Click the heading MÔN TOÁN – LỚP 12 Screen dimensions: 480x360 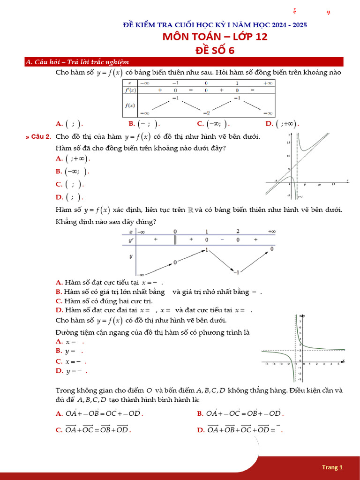[x=215, y=37]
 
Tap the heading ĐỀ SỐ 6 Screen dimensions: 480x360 [x=215, y=50]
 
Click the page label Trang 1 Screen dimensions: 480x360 [x=332, y=467]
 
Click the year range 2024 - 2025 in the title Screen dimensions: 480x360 [x=285, y=25]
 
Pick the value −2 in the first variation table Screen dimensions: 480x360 [x=206, y=113]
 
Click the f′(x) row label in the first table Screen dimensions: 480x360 [x=130, y=90]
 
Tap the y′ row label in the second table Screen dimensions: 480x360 [x=131, y=240]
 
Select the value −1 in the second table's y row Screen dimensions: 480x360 [x=237, y=272]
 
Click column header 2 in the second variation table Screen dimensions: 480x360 [x=238, y=232]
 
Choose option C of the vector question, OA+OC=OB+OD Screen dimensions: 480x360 [x=98, y=429]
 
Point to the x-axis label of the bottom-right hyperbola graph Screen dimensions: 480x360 [x=344, y=360]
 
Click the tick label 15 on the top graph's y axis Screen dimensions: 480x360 [x=288, y=142]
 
